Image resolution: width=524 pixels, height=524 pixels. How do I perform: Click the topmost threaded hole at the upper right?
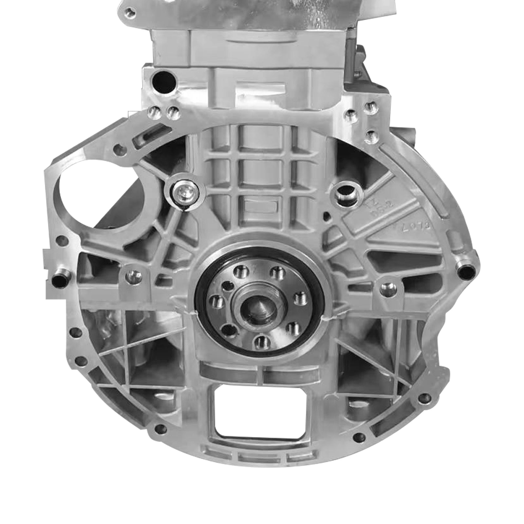[x=370, y=106]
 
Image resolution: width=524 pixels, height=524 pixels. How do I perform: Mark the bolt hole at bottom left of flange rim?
[x=159, y=428]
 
